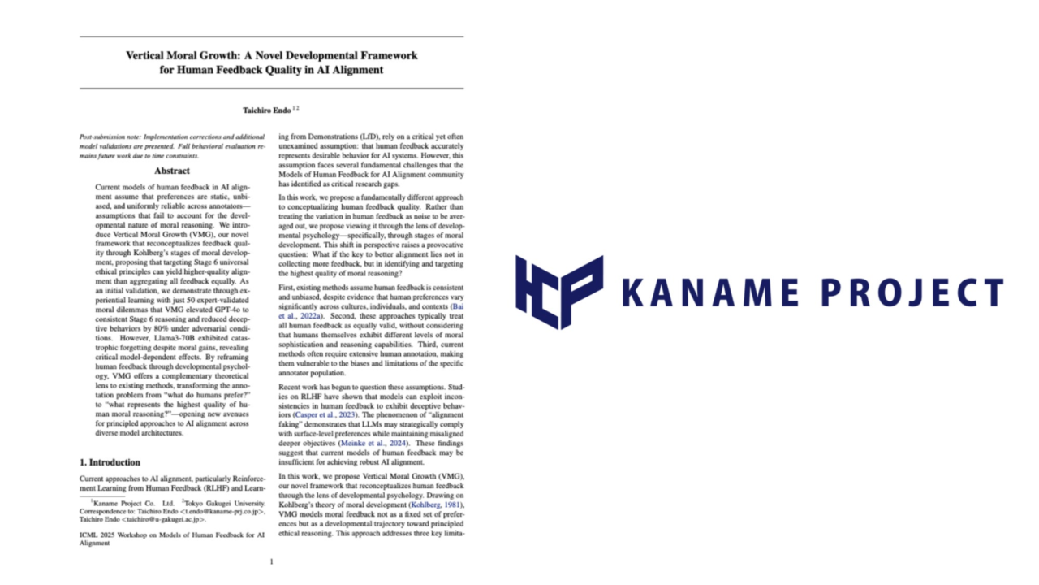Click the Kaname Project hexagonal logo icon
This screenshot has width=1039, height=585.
click(x=559, y=292)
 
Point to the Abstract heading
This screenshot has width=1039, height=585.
click(x=172, y=171)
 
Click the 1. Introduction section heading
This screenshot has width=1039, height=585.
click(x=110, y=462)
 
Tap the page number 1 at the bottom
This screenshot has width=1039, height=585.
click(x=271, y=561)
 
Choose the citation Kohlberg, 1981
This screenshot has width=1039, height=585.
click(x=436, y=505)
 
